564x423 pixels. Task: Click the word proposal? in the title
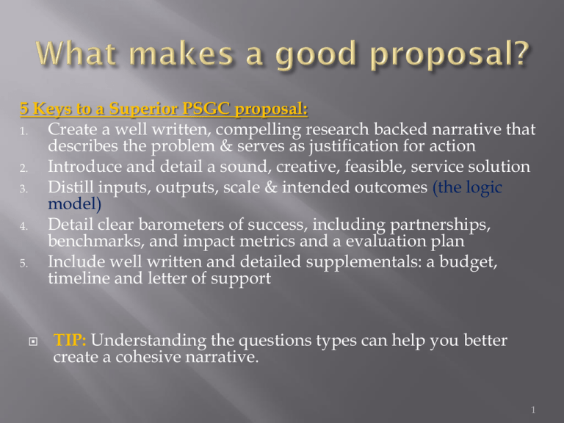(449, 54)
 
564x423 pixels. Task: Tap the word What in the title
(76, 53)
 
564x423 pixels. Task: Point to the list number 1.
(23, 131)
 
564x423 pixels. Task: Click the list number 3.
(23, 189)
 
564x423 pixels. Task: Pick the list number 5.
(23, 264)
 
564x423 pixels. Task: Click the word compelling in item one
(258, 130)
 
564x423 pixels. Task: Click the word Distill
(70, 187)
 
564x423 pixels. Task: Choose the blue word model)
(74, 204)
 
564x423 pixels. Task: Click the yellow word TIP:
(70, 340)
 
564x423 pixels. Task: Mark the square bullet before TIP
(33, 341)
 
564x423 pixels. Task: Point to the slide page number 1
(533, 410)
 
